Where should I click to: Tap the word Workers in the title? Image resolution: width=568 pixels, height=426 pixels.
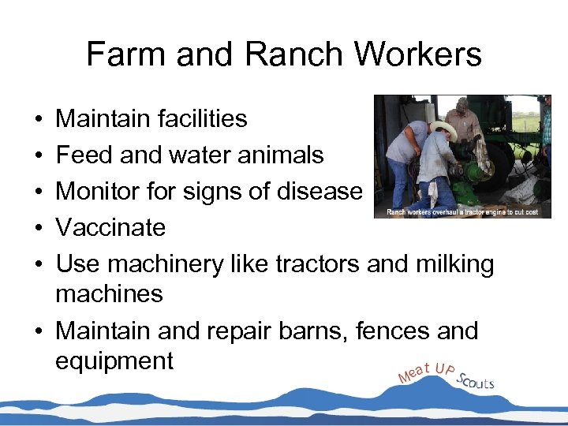coord(418,55)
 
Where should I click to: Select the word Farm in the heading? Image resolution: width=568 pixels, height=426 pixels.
coord(128,55)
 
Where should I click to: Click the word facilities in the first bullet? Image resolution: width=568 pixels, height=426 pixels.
coord(198,119)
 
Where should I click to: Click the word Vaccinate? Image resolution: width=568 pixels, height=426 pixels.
coord(110,228)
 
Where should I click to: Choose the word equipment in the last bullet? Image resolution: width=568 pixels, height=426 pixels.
coord(114,361)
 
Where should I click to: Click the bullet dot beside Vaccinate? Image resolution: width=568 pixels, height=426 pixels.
coord(39,229)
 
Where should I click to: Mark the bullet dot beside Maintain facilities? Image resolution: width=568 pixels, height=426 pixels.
coord(39,120)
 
